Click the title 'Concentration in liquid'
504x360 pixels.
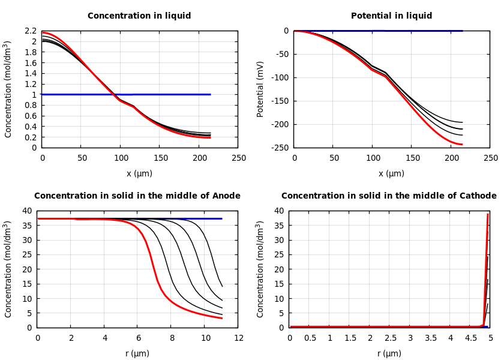coord(139,16)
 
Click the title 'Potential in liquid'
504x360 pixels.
coord(391,16)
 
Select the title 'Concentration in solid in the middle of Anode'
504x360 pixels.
coord(137,196)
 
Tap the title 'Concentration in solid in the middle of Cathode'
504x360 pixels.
coord(389,196)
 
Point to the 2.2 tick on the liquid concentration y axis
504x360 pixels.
coord(31,31)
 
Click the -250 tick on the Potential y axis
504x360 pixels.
coord(280,148)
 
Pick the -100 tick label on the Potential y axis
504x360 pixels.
coord(280,77)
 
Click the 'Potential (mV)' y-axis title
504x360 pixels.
coord(260,89)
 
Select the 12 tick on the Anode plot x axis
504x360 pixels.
coord(239,338)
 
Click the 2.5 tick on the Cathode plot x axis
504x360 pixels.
coord(390,338)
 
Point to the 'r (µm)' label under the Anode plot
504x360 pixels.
coord(137,353)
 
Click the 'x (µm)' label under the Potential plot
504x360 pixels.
coord(391,173)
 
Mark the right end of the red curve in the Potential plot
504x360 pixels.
coord(462,144)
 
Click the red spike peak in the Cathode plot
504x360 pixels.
coord(488,214)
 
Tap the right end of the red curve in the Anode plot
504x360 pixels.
coord(222,318)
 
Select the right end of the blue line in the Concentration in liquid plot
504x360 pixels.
coord(210,94)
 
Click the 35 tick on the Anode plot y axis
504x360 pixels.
coord(27,226)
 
